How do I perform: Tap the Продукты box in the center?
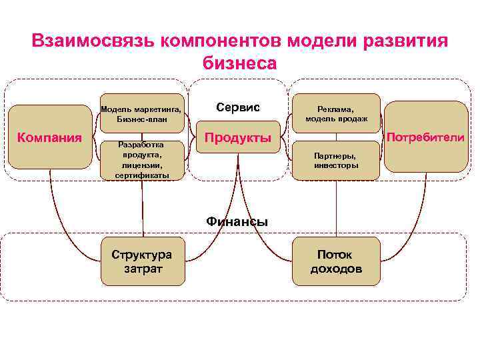point(238,138)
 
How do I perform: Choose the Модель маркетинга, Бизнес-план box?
point(141,114)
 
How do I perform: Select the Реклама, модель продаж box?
point(336,113)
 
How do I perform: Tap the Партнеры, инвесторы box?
point(336,160)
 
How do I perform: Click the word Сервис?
point(238,107)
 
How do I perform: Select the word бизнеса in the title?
point(238,63)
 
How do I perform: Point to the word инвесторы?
point(336,165)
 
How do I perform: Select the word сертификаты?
point(141,175)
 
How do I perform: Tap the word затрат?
point(141,269)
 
